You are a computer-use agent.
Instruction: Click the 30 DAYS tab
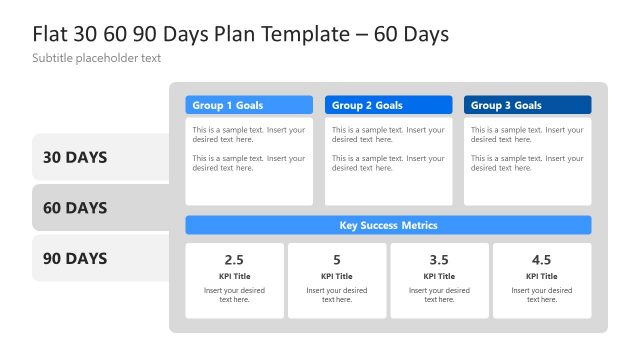point(75,157)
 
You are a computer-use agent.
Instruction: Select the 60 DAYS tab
point(75,208)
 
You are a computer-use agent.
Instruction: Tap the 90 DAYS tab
point(75,259)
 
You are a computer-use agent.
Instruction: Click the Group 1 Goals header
point(249,105)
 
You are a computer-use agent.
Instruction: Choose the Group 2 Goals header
point(388,105)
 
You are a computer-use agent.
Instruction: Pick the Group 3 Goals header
point(527,105)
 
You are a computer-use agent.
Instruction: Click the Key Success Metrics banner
point(388,225)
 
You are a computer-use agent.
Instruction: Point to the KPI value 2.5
point(234,260)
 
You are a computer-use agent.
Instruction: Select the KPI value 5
point(337,260)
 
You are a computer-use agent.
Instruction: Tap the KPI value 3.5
point(439,260)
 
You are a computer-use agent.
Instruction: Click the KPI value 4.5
point(541,260)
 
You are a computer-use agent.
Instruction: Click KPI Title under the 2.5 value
point(234,276)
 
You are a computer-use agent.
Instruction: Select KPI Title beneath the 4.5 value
point(541,276)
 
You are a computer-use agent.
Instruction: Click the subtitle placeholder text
point(96,59)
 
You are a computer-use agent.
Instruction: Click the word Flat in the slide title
point(51,34)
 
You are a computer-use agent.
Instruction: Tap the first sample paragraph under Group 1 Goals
point(249,135)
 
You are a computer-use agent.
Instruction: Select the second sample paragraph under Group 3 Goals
point(527,163)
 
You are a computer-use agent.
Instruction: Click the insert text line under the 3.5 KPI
point(439,295)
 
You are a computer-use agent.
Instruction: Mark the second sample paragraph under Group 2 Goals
point(388,163)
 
